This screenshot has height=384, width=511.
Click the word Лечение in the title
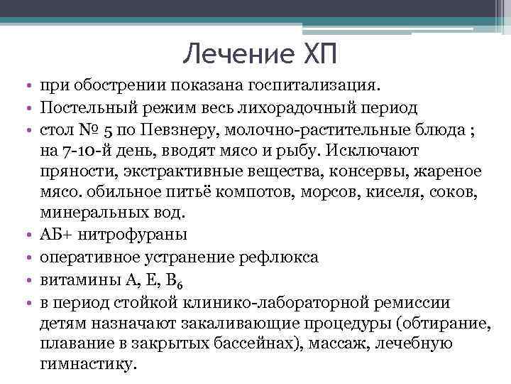tap(226, 55)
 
